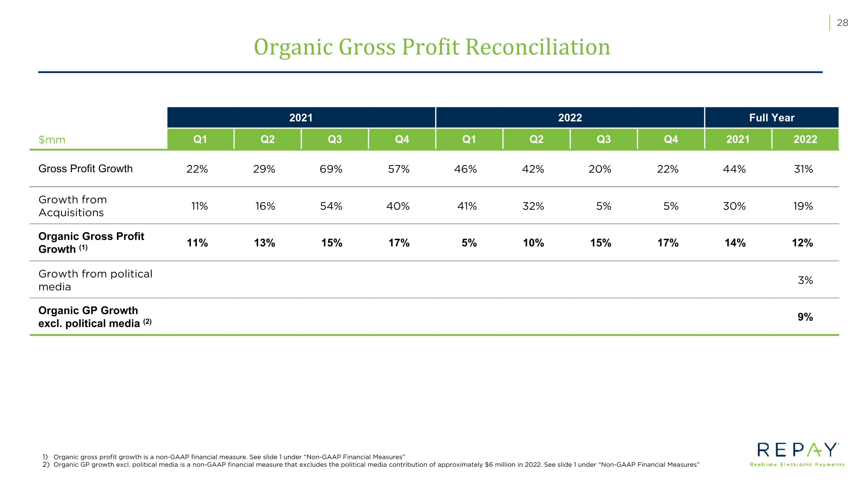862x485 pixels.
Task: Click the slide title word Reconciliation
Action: tap(538, 47)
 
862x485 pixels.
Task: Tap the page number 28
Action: tap(842, 23)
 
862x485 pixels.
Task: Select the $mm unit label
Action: tap(52, 139)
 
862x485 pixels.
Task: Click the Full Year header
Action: tap(772, 118)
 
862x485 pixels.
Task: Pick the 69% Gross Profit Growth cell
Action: tap(331, 169)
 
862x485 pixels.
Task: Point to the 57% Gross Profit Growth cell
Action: tap(399, 169)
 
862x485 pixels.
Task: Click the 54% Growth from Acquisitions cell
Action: tap(331, 206)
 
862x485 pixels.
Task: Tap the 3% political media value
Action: tap(805, 280)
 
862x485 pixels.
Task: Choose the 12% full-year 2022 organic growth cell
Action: tap(803, 243)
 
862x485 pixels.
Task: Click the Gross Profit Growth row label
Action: tap(85, 168)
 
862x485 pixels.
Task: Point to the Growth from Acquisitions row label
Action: tap(73, 206)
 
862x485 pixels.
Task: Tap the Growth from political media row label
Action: tap(95, 280)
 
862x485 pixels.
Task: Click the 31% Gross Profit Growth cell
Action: tap(803, 169)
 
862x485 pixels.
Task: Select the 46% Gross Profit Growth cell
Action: tap(465, 169)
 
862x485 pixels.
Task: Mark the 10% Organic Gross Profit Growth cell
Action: tap(533, 243)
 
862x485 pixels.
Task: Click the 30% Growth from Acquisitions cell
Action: tap(734, 206)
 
